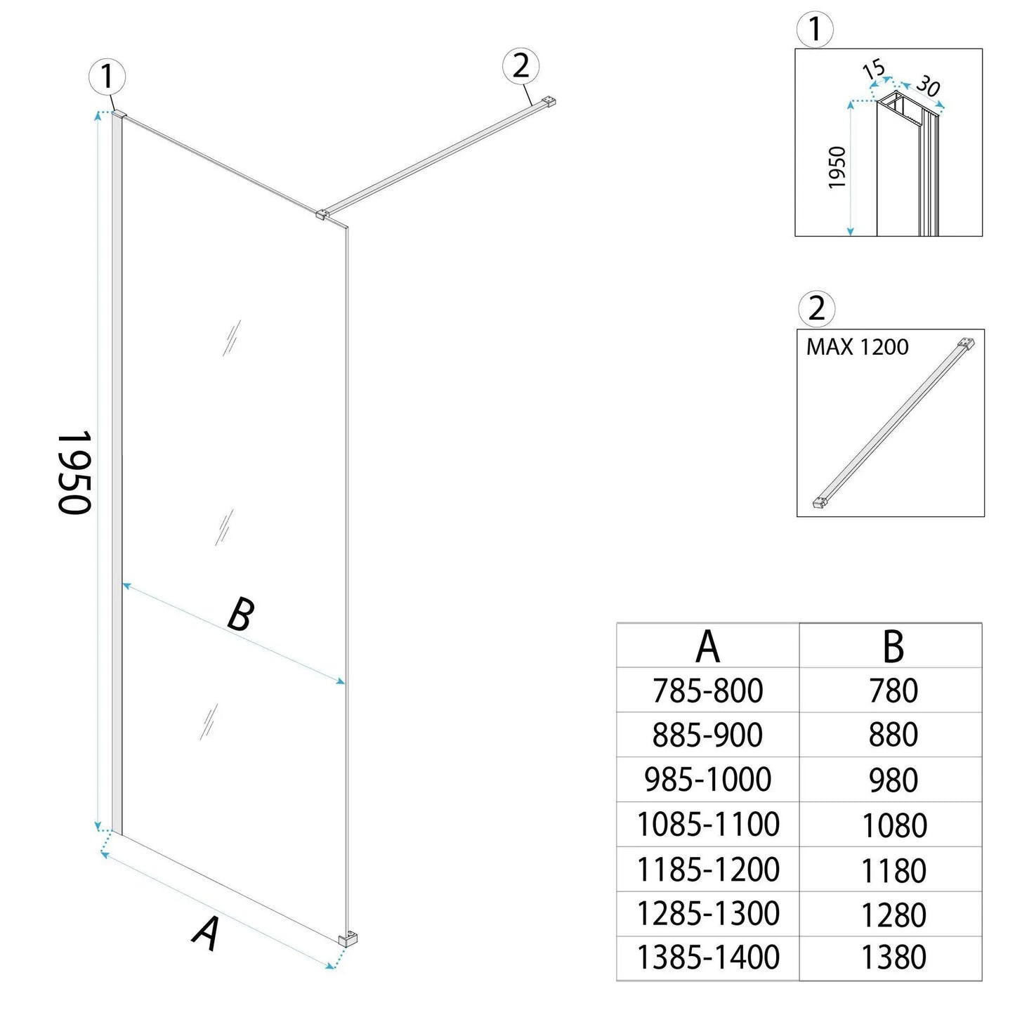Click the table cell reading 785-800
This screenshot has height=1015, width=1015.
[707, 691]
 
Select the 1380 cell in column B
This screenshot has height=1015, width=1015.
[893, 957]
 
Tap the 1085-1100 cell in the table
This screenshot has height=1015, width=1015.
[707, 824]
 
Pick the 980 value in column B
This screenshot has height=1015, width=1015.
[893, 780]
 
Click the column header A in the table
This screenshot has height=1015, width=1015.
[707, 646]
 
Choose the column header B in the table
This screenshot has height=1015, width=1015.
[893, 646]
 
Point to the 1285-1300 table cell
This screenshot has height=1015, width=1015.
[707, 913]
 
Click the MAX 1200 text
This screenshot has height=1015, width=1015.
[857, 347]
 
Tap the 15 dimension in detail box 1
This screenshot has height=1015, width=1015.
[873, 70]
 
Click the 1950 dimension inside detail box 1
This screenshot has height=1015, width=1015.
[837, 167]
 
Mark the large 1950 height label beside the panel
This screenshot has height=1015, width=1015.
[74, 472]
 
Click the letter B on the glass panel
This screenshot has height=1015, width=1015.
[240, 615]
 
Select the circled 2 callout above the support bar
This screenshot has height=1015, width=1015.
[520, 67]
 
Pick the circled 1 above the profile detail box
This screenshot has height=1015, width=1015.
[815, 30]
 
